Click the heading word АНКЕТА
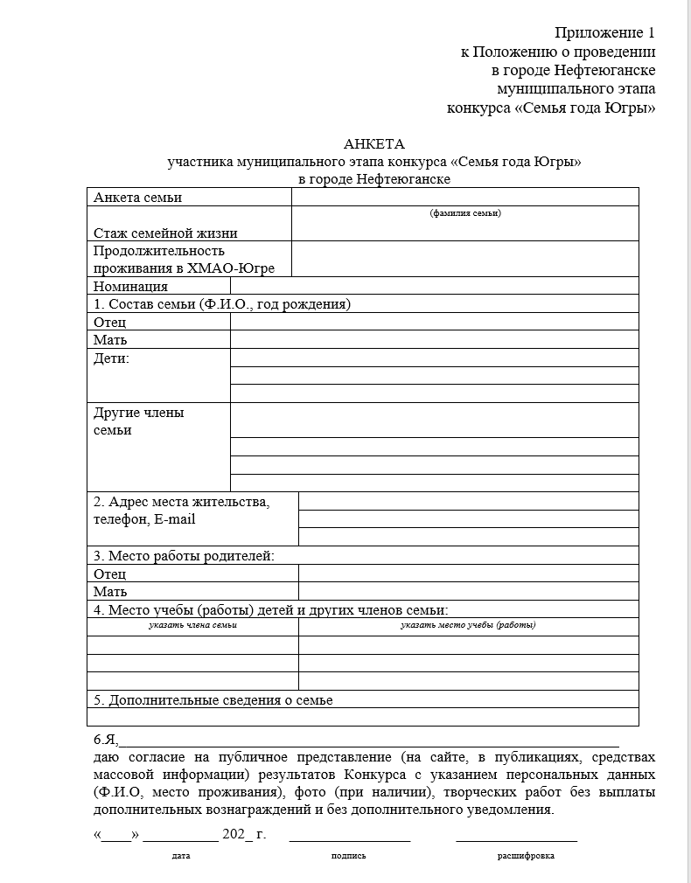pyautogui.click(x=374, y=144)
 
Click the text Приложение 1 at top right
pyautogui.click(x=604, y=33)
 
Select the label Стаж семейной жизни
pyautogui.click(x=165, y=233)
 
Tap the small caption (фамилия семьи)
pyautogui.click(x=465, y=213)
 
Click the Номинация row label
pyautogui.click(x=130, y=286)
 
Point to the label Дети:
pyautogui.click(x=111, y=358)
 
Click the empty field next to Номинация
pyautogui.click(x=434, y=286)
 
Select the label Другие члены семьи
pyautogui.click(x=138, y=421)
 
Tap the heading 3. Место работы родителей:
pyautogui.click(x=184, y=555)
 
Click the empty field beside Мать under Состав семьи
pyautogui.click(x=434, y=340)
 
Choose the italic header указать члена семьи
pyautogui.click(x=192, y=625)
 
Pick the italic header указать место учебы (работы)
pyautogui.click(x=468, y=625)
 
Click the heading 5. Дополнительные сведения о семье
pyautogui.click(x=213, y=699)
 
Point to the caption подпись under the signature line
pyautogui.click(x=349, y=856)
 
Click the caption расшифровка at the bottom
pyautogui.click(x=526, y=856)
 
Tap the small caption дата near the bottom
pyautogui.click(x=181, y=856)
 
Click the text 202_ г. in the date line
pyautogui.click(x=244, y=834)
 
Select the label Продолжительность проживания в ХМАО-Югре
pyautogui.click(x=184, y=260)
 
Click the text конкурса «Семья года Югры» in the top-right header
pyautogui.click(x=550, y=108)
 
